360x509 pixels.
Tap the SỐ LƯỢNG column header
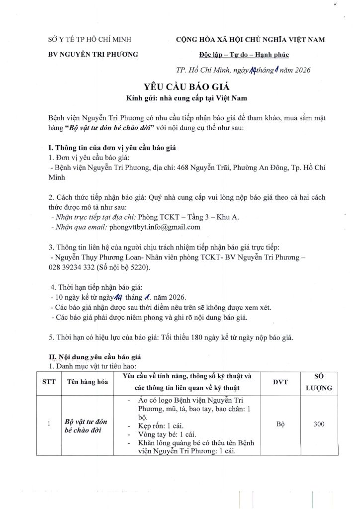coord(319,382)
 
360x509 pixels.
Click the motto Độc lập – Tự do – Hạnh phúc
coord(241,55)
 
